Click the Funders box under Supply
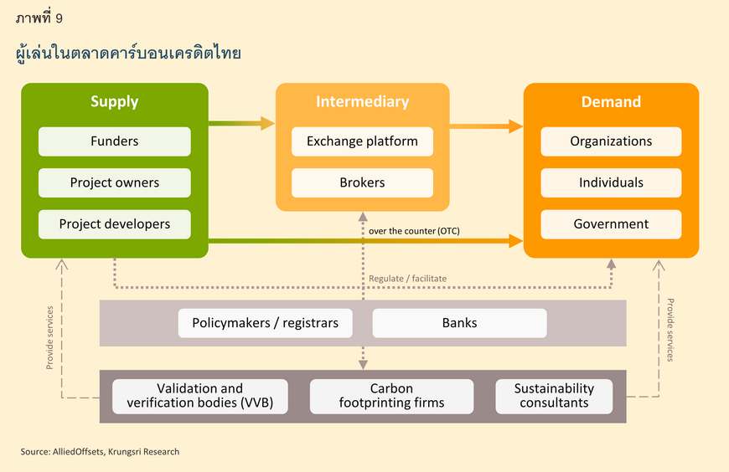coord(114,141)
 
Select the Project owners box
coord(114,182)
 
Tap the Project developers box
coord(114,224)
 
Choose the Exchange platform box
coord(362,141)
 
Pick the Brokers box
coord(362,182)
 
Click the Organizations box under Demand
coord(611,141)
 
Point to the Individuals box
coord(611,182)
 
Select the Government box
coord(611,224)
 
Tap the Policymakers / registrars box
coord(265,323)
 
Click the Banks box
coord(459,323)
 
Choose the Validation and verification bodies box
coord(200,397)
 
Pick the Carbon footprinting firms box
coord(391,397)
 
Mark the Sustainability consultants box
coord(554,397)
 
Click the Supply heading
coord(114,102)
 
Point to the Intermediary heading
coord(362,102)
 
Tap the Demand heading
coord(611,102)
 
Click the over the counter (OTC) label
coord(414,231)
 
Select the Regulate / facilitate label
coord(407,279)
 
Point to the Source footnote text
coord(100,452)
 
